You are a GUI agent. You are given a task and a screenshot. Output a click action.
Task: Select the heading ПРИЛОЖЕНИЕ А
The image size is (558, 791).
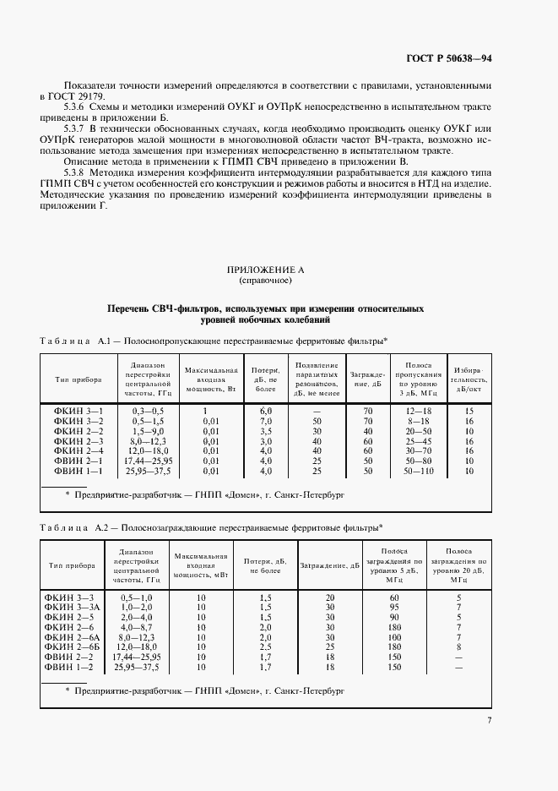(266, 269)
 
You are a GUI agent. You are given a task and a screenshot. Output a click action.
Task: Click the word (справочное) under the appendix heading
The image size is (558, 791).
(266, 279)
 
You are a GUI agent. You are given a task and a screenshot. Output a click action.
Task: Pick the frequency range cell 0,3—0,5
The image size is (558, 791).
(149, 410)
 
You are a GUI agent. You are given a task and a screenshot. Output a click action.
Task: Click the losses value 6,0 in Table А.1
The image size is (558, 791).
(265, 410)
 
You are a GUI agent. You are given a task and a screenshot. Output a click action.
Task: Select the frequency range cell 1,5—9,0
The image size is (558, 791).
(149, 430)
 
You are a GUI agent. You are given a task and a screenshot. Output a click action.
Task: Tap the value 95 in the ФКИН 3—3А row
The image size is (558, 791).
(393, 608)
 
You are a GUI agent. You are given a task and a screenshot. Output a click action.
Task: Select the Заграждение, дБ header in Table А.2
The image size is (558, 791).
(330, 565)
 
